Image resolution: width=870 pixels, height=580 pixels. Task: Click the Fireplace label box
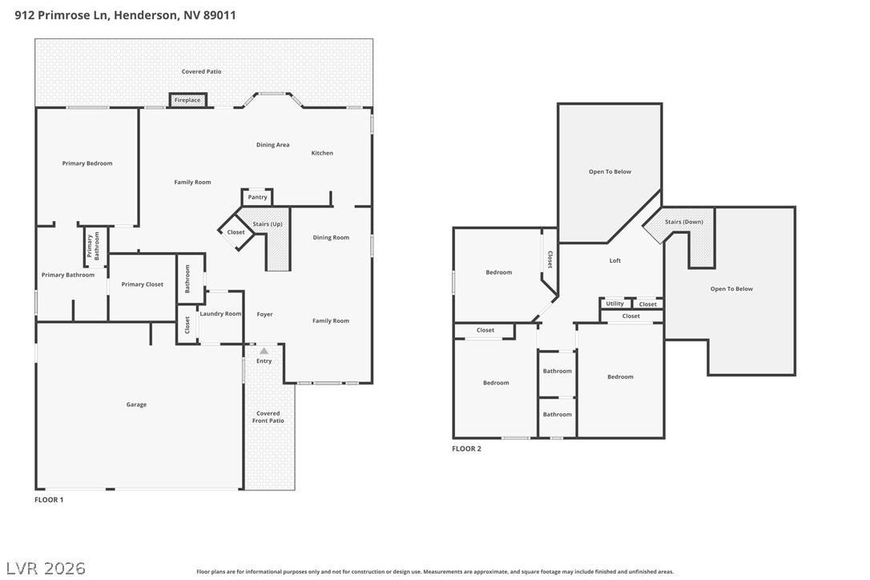click(187, 100)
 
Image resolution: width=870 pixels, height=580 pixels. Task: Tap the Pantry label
click(257, 197)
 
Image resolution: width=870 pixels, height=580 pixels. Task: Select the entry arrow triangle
click(264, 351)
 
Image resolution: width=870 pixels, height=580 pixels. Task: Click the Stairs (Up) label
click(268, 224)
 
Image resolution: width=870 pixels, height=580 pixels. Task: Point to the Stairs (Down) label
click(684, 221)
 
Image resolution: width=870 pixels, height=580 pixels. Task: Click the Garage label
click(136, 405)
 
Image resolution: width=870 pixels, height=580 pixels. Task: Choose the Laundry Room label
click(220, 313)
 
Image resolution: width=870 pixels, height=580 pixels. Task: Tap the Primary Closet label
click(143, 284)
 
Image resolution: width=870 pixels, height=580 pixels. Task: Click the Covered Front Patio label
click(268, 417)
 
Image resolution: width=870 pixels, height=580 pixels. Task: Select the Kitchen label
click(322, 153)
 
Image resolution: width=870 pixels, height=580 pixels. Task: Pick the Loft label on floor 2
click(615, 260)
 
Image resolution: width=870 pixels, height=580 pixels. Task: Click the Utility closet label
click(614, 304)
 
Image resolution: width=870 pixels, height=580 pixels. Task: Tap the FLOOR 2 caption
click(466, 449)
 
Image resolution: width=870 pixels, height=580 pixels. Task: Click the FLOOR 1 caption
click(49, 500)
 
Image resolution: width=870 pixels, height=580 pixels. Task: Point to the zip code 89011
click(220, 15)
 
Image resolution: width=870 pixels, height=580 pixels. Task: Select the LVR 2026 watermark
click(46, 568)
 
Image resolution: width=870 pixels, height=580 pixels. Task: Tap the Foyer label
click(264, 314)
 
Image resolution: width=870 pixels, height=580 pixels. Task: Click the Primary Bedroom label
click(87, 163)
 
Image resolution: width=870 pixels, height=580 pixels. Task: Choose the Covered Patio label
click(201, 71)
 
